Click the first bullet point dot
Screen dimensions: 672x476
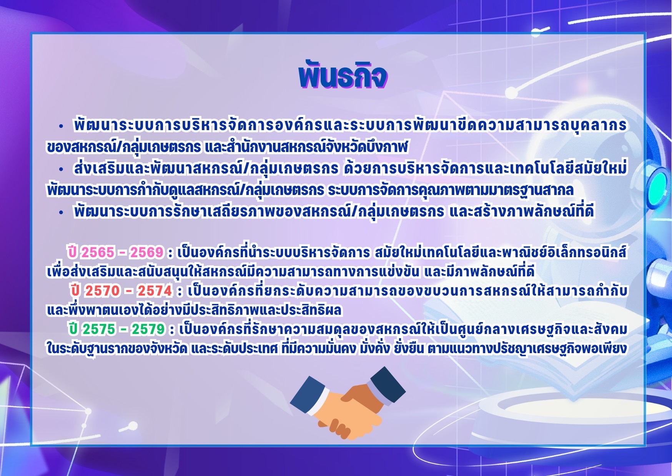60,126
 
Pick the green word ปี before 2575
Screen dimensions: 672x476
74,329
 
